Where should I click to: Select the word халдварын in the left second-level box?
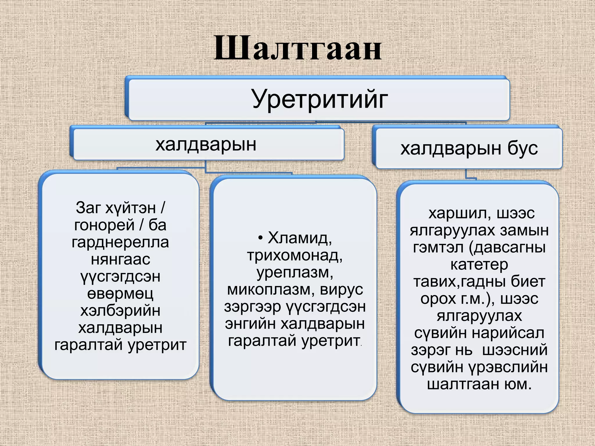[206, 144]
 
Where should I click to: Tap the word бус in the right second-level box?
[522, 148]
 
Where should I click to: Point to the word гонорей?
[104, 225]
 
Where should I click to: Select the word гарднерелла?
[120, 242]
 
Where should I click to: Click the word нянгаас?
[120, 259]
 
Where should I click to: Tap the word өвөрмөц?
[120, 294]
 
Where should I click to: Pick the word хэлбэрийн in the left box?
[120, 311]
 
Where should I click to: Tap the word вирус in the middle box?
[341, 289]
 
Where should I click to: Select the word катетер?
[479, 265]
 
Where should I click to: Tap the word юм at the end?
[520, 384]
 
